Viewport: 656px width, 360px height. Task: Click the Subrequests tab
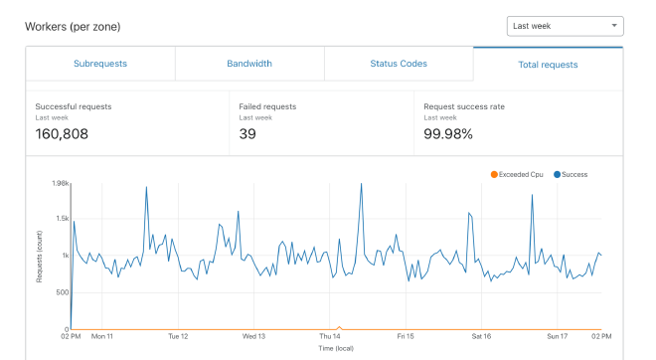[x=100, y=64]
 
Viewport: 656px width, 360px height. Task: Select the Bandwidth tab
[x=249, y=64]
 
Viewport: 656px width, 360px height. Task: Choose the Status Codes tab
[x=399, y=64]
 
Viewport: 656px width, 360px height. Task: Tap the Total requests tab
[x=548, y=65]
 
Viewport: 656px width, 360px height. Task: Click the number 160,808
[x=62, y=133]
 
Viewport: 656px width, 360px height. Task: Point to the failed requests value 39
[x=248, y=133]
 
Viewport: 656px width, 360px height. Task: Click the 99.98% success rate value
[x=447, y=133]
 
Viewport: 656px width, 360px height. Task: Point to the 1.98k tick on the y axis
[x=59, y=183]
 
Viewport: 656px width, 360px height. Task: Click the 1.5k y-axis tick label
[x=61, y=219]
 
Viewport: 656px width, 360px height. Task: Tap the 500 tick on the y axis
[x=62, y=292]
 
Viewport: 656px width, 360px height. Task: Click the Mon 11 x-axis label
[x=102, y=336]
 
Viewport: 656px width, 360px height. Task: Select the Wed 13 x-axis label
[x=253, y=336]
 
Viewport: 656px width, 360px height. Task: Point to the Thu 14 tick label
[x=330, y=336]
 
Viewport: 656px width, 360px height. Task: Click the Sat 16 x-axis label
[x=481, y=336]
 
